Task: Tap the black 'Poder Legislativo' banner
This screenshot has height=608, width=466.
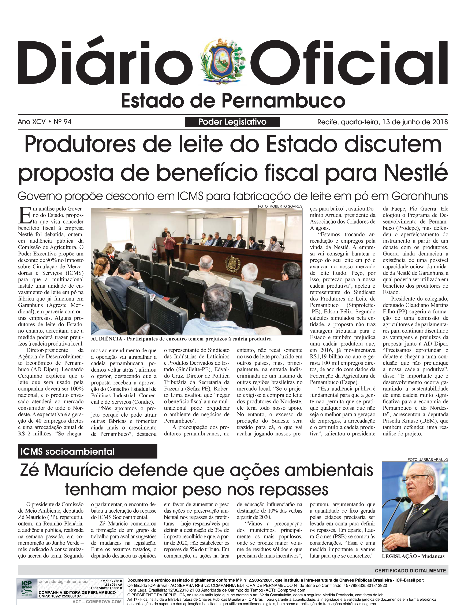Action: pos(232,122)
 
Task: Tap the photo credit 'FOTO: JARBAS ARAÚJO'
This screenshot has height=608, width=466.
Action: pos(428,460)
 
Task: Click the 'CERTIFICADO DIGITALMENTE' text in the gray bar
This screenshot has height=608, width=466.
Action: pos(410,571)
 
